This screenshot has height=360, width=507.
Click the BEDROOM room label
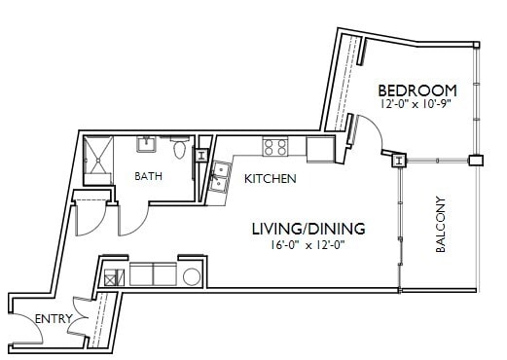point(416,90)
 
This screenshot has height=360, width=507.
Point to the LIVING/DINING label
point(308,229)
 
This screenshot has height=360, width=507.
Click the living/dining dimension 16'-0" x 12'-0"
point(308,245)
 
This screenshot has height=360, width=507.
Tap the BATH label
point(149,176)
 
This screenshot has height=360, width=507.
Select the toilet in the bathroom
point(179,150)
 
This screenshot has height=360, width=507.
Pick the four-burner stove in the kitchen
point(274,147)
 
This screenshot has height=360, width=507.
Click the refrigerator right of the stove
point(318,149)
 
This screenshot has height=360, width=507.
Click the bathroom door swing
point(132,219)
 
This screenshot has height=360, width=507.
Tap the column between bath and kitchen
point(201,155)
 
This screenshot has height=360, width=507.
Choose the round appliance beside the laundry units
point(191,275)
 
